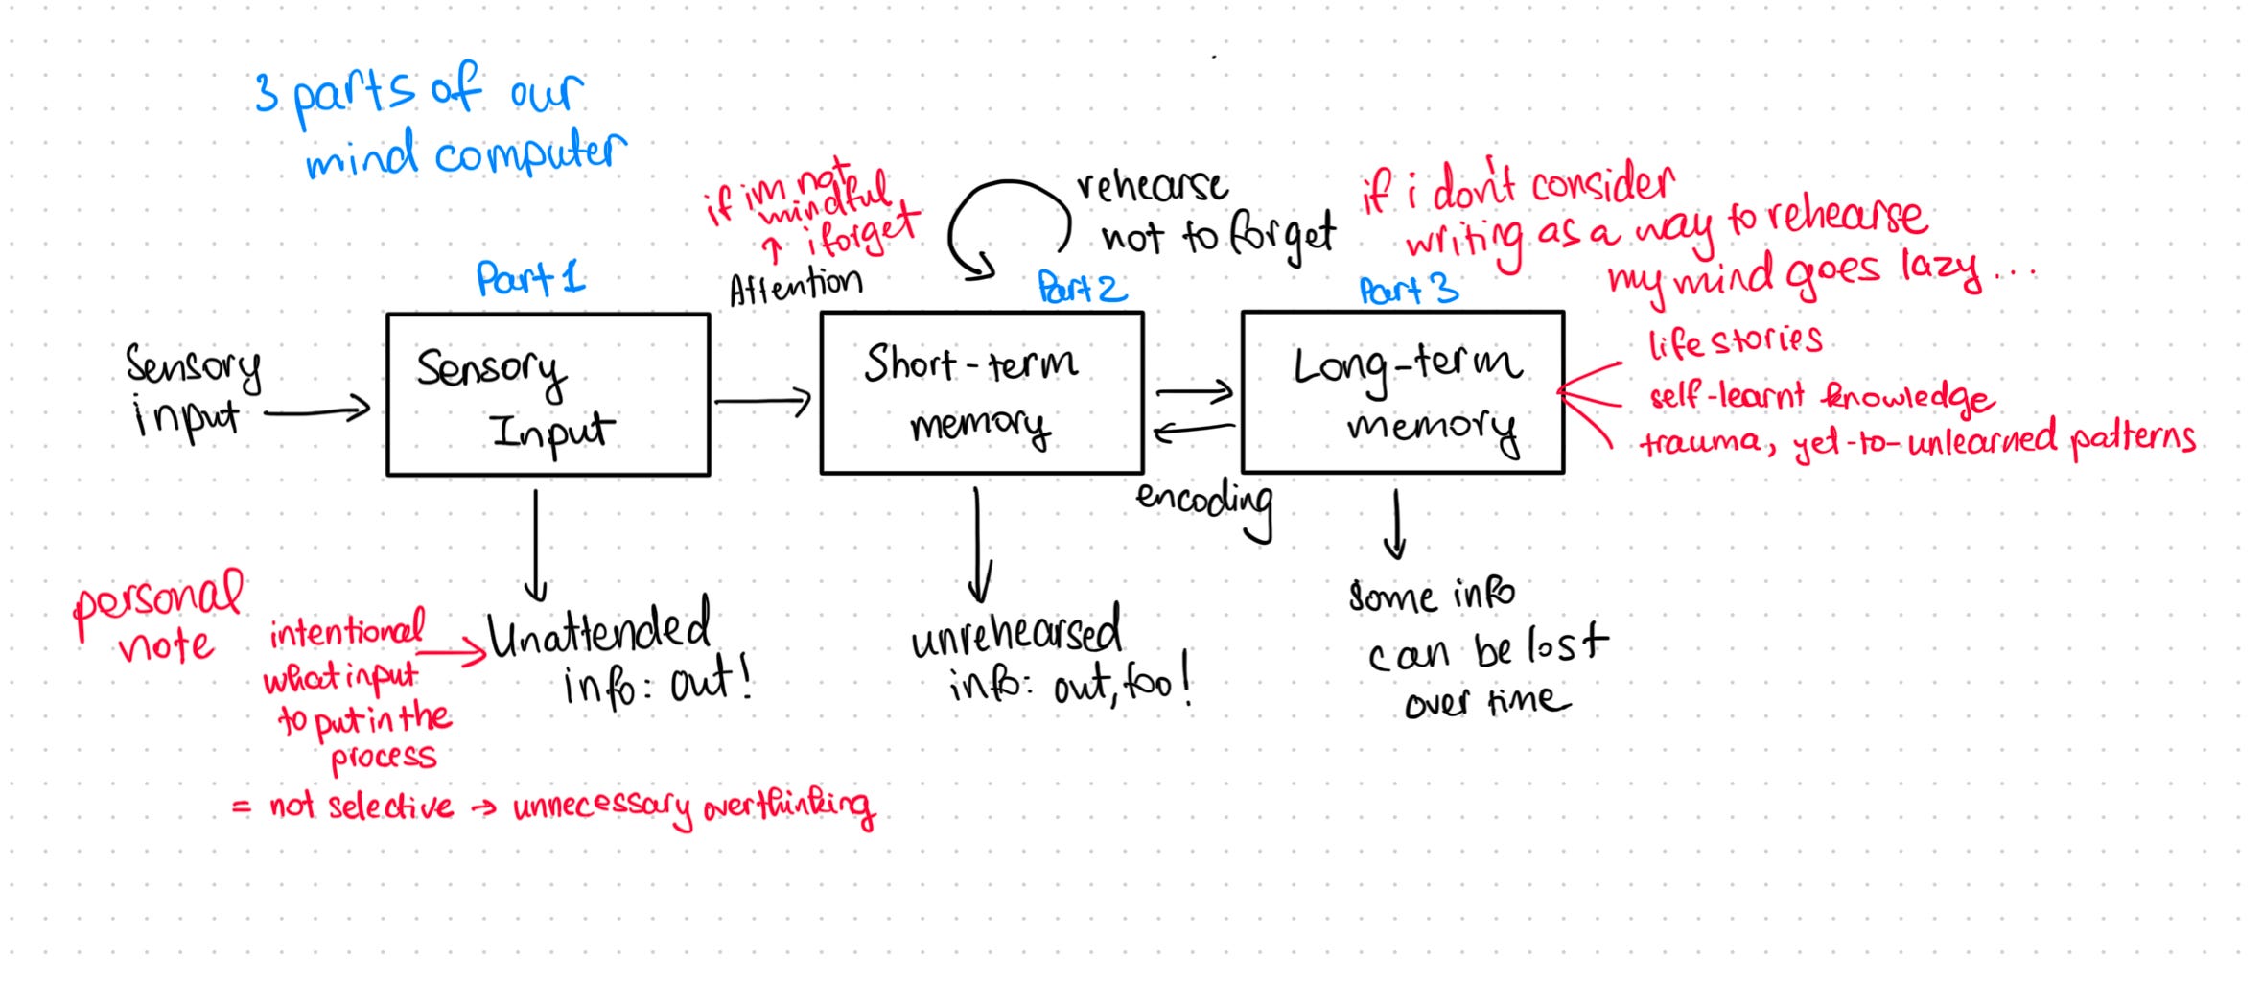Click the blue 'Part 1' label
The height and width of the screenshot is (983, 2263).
pos(530,278)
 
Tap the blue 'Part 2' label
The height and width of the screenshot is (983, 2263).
pos(1082,287)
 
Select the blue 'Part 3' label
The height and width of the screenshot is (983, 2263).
pos(1408,289)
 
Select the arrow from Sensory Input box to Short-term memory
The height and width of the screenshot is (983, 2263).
pos(762,401)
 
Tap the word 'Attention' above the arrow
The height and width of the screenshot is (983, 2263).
pos(795,285)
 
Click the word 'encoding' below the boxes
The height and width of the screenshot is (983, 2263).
pos(1204,503)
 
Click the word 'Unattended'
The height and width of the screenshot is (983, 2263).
pos(599,631)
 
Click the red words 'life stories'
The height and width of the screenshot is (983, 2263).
pos(1735,341)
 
